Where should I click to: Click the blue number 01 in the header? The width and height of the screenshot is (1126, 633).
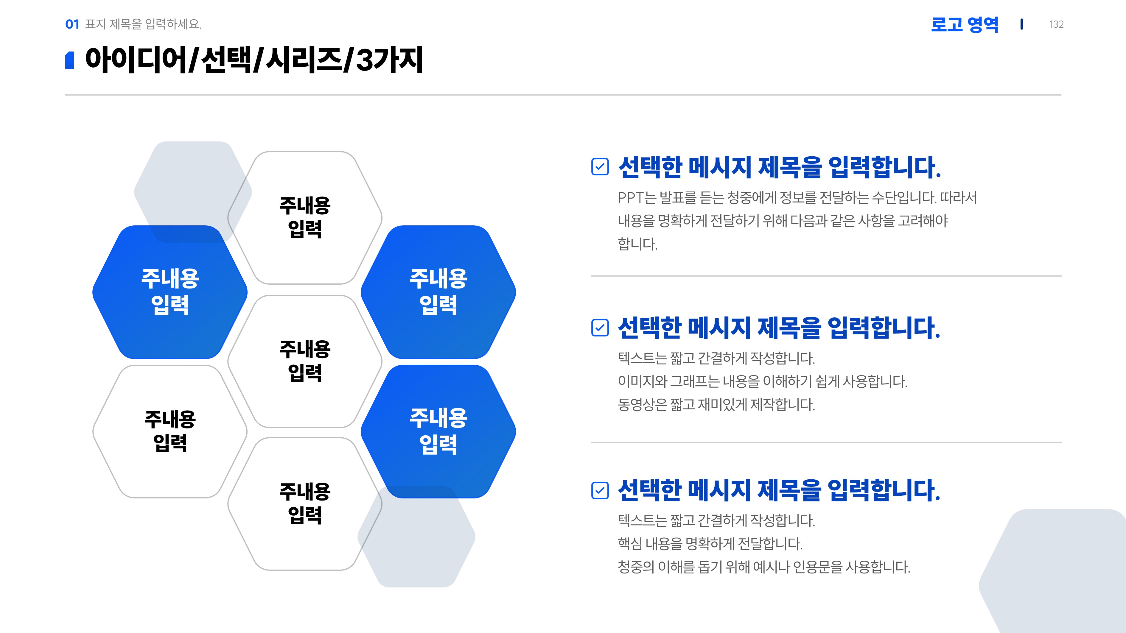(x=72, y=24)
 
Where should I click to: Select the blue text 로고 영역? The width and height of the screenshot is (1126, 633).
(x=965, y=24)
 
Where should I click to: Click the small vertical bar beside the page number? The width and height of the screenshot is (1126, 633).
(x=1021, y=24)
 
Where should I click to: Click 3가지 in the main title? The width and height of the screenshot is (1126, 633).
(x=389, y=60)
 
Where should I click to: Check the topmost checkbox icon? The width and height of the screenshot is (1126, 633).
(x=600, y=166)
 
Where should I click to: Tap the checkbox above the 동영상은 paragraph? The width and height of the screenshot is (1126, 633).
(x=600, y=328)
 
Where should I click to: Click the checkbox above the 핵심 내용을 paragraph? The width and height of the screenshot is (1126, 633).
(x=600, y=490)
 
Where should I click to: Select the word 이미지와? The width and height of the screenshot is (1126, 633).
(x=642, y=381)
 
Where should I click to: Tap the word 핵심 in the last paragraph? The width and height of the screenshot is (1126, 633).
(x=629, y=544)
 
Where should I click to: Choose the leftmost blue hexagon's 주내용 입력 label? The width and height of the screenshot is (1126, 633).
(x=170, y=291)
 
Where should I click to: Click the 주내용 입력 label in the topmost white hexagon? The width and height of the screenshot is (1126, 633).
(x=305, y=217)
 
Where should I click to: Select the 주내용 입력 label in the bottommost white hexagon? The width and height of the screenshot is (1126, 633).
(x=305, y=503)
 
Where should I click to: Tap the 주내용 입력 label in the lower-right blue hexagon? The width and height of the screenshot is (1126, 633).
(x=438, y=431)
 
